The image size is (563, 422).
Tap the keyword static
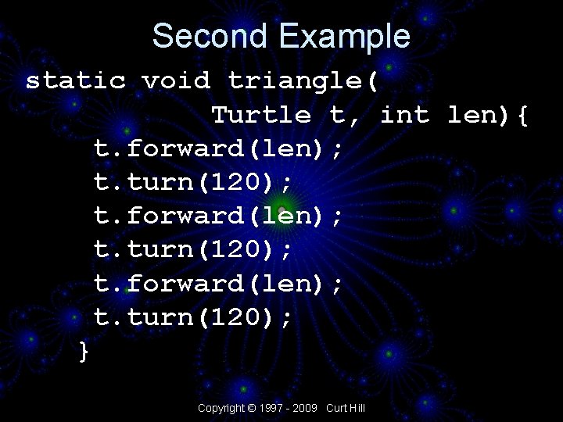point(76,80)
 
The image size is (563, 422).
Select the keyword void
point(176,80)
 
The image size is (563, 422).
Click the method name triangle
point(295,80)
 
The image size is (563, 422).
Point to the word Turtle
point(261,115)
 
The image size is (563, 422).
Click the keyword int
point(404,115)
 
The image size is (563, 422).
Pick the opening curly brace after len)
point(522,116)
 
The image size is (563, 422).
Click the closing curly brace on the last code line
point(84,352)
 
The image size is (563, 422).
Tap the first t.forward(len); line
point(218,148)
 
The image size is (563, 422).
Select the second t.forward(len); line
point(218,216)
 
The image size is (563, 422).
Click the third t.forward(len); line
point(218,284)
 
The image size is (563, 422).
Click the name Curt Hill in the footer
point(346,408)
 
